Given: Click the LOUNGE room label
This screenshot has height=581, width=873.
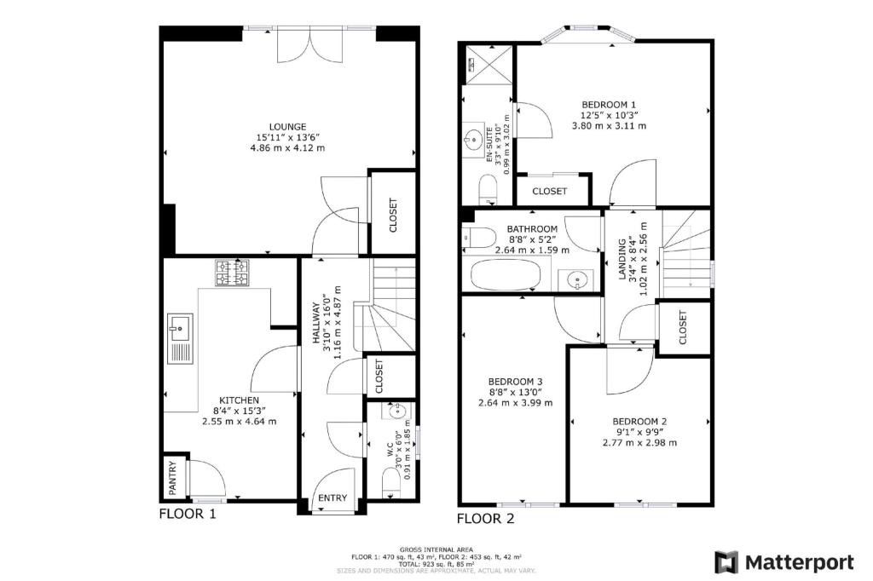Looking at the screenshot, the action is pyautogui.click(x=288, y=127).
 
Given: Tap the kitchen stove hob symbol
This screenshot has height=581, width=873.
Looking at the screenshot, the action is pyautogui.click(x=232, y=273).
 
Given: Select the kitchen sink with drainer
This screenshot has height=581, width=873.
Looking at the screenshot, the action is pyautogui.click(x=181, y=339).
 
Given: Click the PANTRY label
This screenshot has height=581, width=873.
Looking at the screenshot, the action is pyautogui.click(x=172, y=477).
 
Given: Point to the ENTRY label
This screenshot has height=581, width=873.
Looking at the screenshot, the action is pyautogui.click(x=332, y=498).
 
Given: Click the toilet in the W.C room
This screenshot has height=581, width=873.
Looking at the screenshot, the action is pyautogui.click(x=391, y=482).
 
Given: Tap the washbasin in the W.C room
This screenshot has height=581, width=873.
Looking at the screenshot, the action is pyautogui.click(x=396, y=411).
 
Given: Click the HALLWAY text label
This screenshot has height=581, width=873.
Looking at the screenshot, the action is pyautogui.click(x=315, y=323).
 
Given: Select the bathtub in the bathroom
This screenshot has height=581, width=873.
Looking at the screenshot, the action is pyautogui.click(x=506, y=275).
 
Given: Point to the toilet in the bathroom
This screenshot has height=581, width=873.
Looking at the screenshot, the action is pyautogui.click(x=478, y=236).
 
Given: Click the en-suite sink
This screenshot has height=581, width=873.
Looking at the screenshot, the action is pyautogui.click(x=474, y=137).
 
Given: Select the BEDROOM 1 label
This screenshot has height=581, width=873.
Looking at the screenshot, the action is pyautogui.click(x=609, y=105).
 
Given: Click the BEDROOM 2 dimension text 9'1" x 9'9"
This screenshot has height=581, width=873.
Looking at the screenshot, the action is pyautogui.click(x=639, y=432).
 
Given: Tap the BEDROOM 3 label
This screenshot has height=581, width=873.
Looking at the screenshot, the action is pyautogui.click(x=515, y=382).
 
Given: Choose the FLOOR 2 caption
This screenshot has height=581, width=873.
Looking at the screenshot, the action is pyautogui.click(x=485, y=519).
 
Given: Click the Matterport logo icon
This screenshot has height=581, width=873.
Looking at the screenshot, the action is pyautogui.click(x=726, y=562).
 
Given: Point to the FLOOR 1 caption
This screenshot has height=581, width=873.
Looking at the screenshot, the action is pyautogui.click(x=187, y=514).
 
